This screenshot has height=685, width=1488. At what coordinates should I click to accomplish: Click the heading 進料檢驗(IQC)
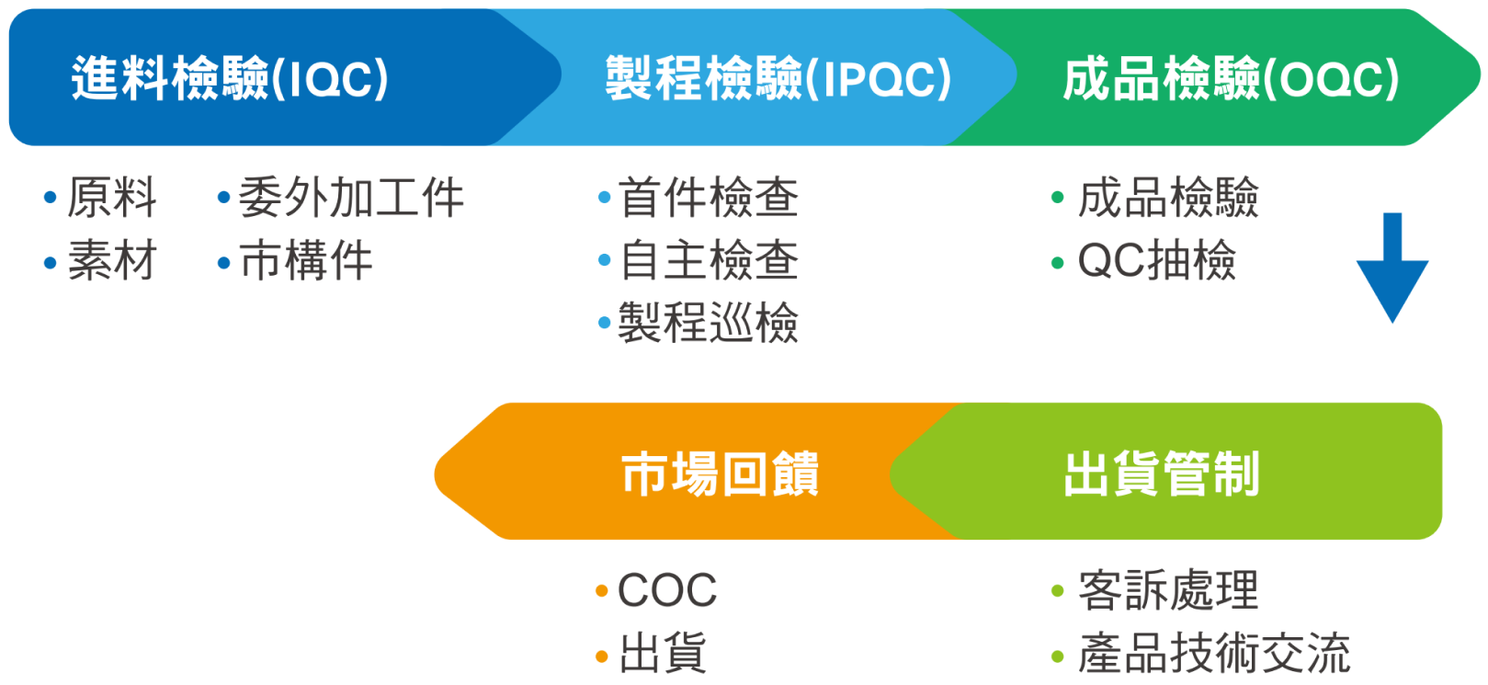tap(230, 78)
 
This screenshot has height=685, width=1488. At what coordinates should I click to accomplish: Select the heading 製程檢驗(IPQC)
tap(778, 78)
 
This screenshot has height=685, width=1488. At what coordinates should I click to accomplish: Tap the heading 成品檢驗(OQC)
tap(1231, 78)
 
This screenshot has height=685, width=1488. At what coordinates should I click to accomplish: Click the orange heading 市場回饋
tap(720, 474)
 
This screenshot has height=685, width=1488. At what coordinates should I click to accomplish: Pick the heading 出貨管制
tap(1162, 474)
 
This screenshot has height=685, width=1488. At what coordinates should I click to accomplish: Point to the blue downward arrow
tap(1392, 268)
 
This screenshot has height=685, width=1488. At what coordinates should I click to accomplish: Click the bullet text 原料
tap(112, 198)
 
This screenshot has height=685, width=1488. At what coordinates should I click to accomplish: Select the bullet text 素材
tap(112, 260)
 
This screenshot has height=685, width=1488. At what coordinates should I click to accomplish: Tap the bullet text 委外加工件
tap(351, 198)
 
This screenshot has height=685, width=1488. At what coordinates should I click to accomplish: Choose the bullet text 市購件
tap(306, 260)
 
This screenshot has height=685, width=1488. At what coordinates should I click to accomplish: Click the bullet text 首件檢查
tap(708, 198)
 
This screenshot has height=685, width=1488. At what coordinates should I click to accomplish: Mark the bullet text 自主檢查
tap(708, 260)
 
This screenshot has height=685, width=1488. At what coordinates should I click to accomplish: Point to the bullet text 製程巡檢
tap(708, 322)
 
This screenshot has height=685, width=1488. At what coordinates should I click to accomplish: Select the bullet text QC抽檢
tap(1156, 260)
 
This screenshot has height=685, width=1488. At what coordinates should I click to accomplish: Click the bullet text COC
tap(667, 590)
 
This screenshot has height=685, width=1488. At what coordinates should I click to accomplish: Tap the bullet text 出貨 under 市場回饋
tap(663, 653)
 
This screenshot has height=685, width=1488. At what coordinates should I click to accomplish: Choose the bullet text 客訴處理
tap(1168, 590)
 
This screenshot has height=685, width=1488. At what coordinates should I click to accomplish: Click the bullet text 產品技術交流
tap(1214, 653)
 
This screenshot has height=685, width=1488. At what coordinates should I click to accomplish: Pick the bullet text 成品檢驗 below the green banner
tap(1168, 198)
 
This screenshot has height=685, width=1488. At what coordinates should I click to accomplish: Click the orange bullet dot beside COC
tap(602, 590)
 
